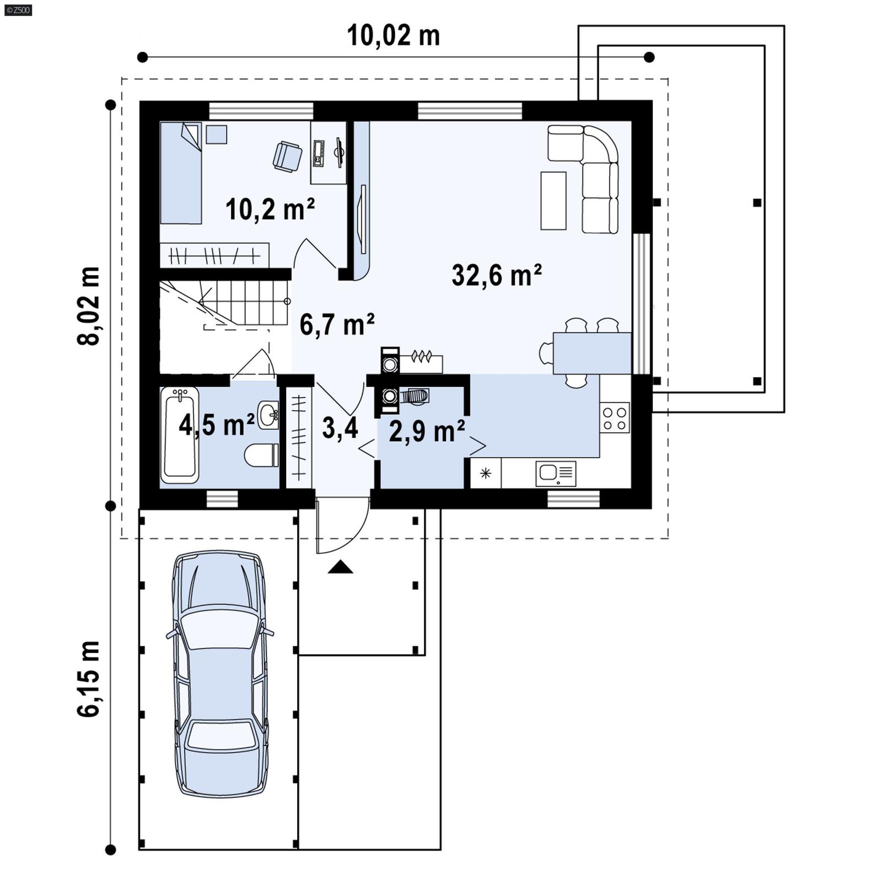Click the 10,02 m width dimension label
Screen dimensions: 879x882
point(393,36)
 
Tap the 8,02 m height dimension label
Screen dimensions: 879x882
point(89,306)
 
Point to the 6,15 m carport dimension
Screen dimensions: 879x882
point(89,679)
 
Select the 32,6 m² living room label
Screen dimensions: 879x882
point(496,275)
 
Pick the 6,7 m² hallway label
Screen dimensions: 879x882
point(337,324)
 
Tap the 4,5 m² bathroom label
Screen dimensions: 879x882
point(217,425)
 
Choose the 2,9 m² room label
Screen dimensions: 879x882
point(427,431)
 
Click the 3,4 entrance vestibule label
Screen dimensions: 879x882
point(340,428)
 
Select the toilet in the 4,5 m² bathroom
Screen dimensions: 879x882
point(261,455)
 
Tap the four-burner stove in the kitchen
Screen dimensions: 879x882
point(615,418)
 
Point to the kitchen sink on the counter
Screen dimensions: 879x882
point(556,474)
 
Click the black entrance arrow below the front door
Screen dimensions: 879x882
point(340,567)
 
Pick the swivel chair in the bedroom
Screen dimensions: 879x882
point(287,156)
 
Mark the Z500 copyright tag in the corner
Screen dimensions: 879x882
point(17,9)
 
